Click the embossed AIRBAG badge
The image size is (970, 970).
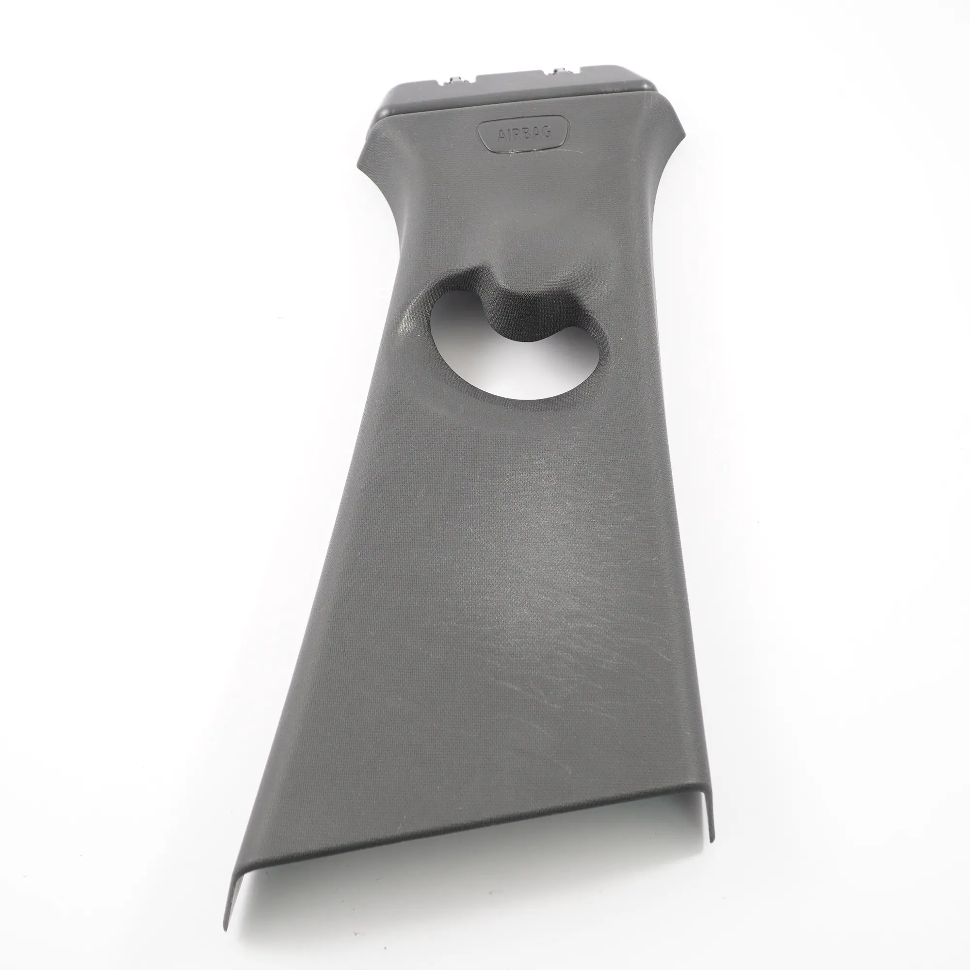[523, 133]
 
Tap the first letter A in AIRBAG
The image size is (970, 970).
[501, 134]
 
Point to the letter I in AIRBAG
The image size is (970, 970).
[509, 133]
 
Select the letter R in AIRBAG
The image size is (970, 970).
[517, 133]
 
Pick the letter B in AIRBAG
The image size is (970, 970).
[527, 132]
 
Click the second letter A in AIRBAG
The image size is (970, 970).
[536, 132]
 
